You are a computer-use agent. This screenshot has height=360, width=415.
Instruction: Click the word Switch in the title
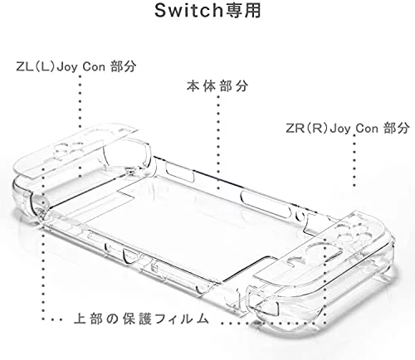(188, 11)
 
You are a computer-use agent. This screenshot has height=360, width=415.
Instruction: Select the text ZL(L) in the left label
(35, 67)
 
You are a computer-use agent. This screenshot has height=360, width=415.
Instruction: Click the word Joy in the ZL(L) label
(67, 67)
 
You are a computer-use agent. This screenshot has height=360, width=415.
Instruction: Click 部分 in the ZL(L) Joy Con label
(124, 66)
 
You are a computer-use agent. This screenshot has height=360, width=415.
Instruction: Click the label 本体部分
(217, 86)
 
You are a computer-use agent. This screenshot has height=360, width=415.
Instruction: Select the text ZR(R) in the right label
(307, 129)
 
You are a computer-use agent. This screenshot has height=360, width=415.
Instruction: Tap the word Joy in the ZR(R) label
(340, 129)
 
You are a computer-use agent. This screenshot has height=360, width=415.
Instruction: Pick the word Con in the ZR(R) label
(367, 129)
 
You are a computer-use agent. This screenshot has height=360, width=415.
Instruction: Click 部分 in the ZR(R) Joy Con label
(397, 128)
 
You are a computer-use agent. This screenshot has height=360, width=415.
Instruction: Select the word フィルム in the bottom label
(182, 319)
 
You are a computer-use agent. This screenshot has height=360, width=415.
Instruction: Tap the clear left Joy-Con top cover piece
(75, 151)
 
